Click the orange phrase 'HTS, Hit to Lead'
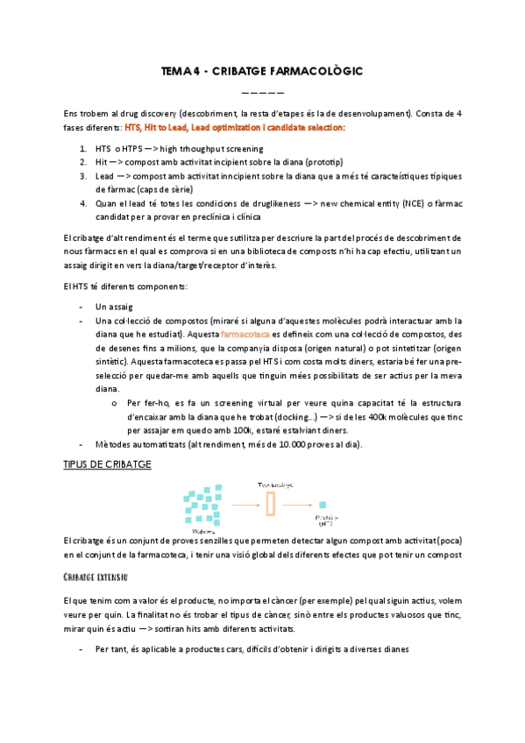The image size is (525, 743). coord(155,128)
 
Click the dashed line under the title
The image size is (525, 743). coord(262,91)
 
